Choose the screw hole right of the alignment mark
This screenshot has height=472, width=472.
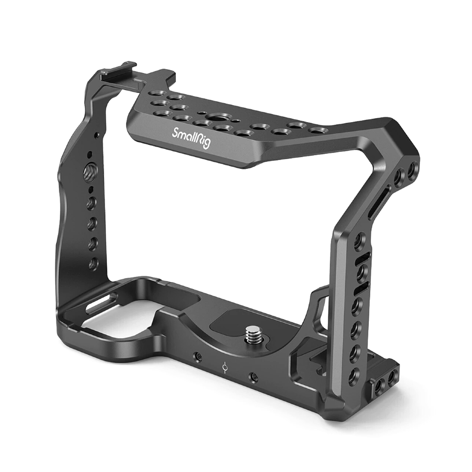click(x=254, y=376)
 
